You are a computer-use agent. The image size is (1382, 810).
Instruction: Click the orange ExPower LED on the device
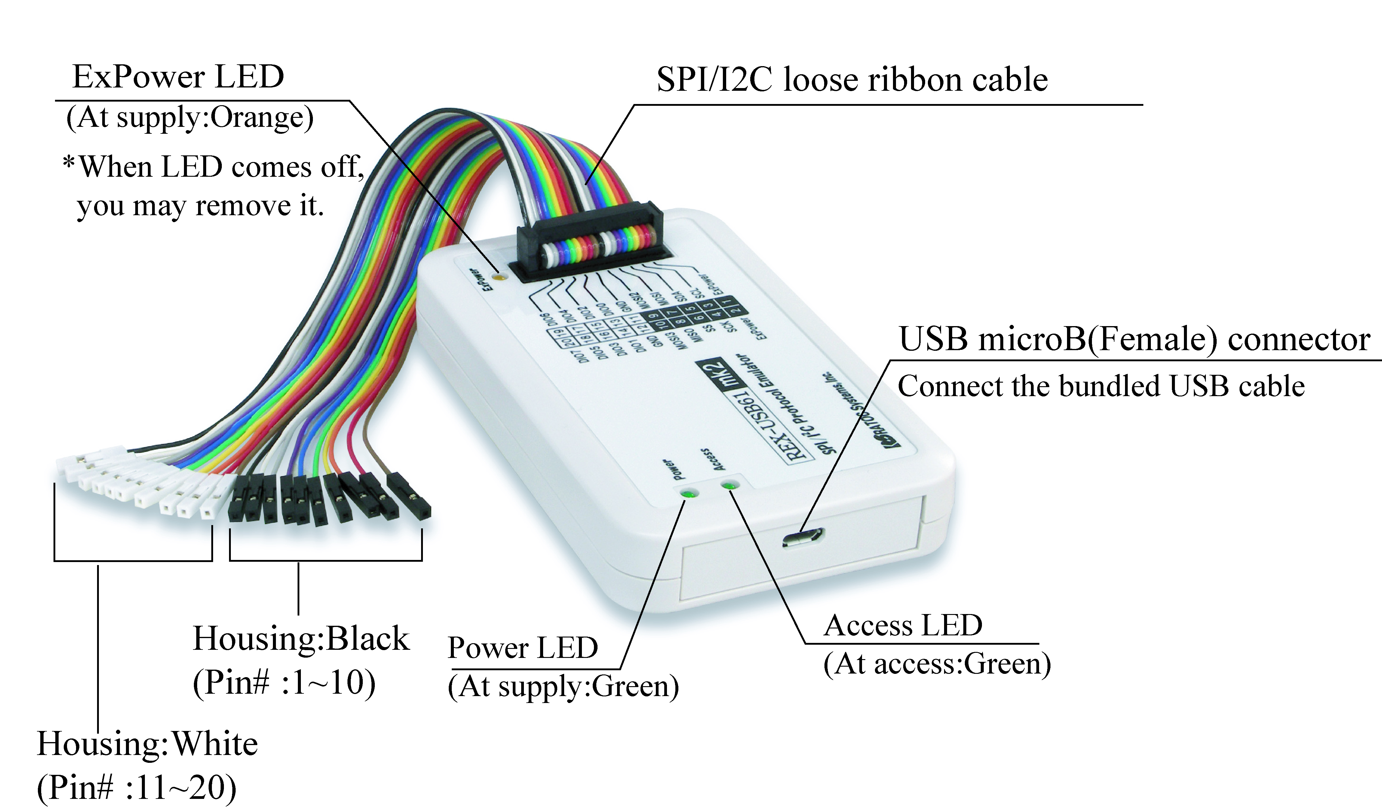499,277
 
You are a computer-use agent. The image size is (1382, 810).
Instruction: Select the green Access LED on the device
729,485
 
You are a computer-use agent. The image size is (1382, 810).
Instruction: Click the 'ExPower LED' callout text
178,77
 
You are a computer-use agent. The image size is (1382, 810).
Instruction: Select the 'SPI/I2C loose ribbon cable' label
852,80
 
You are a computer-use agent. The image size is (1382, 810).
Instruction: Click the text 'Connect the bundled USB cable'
1101,386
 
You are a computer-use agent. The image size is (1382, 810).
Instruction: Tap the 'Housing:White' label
147,744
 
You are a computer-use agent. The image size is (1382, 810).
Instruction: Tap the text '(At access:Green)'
937,665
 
